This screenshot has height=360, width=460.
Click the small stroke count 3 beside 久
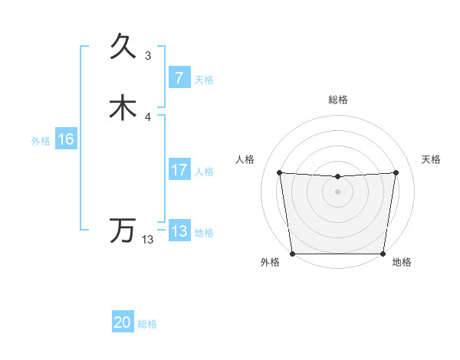(148, 55)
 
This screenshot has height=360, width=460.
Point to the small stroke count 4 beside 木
(148, 116)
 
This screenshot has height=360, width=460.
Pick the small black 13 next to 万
(148, 240)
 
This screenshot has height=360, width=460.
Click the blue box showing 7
(179, 78)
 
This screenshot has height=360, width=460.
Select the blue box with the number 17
(179, 170)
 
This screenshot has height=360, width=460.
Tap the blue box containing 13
(179, 231)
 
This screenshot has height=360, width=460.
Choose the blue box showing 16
(66, 139)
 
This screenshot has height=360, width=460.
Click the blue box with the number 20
(122, 323)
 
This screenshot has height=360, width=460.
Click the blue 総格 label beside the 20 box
(147, 324)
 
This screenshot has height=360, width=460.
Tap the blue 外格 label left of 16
(41, 141)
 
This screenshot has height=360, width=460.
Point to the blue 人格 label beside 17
(205, 172)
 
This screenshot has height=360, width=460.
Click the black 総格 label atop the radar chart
(337, 100)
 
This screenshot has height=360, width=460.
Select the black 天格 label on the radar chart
(432, 159)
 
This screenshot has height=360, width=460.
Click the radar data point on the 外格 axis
(292, 254)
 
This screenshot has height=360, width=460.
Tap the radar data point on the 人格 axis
(279, 173)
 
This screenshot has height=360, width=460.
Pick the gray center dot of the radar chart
(337, 191)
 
